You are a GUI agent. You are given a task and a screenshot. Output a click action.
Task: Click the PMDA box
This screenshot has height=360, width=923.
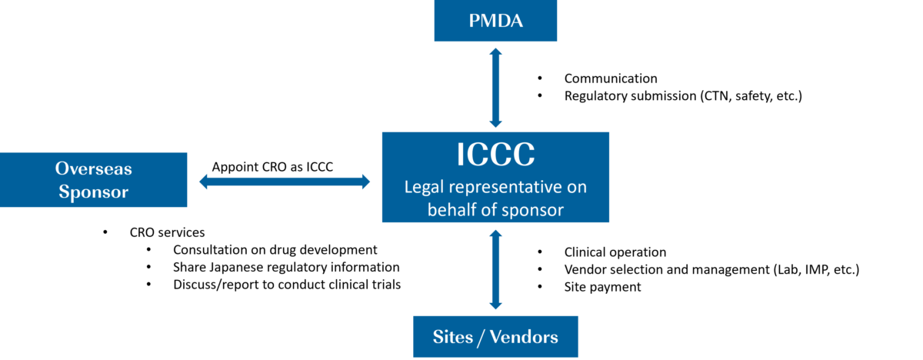tap(495, 21)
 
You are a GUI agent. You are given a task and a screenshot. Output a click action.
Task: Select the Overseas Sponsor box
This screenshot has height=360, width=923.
tap(94, 180)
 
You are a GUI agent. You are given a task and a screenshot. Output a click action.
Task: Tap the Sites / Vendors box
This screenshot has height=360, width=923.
tap(495, 337)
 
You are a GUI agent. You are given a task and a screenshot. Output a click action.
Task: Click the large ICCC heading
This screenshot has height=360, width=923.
tap(495, 155)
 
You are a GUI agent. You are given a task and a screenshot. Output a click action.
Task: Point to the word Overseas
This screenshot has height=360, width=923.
tap(94, 168)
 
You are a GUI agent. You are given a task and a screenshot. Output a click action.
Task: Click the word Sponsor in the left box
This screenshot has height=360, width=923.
tap(94, 192)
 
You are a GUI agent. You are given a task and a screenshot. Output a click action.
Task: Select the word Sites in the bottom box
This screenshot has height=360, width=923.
tap(454, 337)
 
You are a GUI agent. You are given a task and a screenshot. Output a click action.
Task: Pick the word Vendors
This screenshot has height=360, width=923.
tap(523, 337)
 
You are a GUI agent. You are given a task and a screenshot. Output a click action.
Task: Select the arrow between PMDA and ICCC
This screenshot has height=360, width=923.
tap(495, 87)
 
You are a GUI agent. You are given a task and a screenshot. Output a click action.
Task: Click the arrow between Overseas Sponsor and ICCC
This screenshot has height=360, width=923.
tap(285, 182)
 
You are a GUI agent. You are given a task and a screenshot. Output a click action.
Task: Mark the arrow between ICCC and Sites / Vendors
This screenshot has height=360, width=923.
tap(495, 269)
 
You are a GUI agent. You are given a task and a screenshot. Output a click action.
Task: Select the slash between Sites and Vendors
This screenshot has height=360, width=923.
tap(481, 337)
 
